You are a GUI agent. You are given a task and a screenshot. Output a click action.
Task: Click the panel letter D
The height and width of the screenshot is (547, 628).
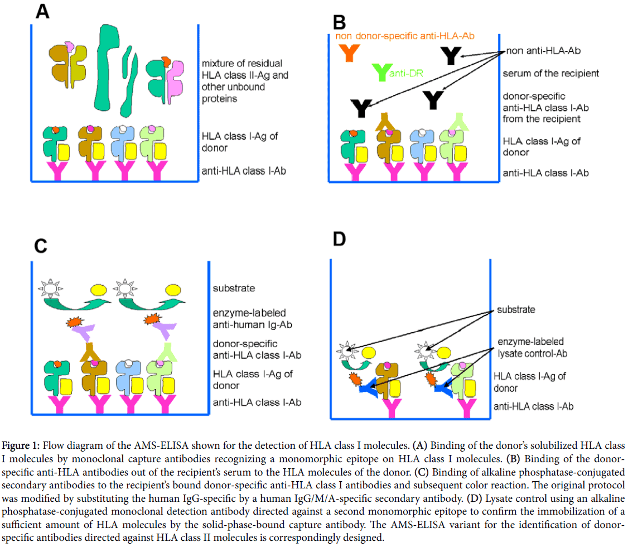(x=340, y=239)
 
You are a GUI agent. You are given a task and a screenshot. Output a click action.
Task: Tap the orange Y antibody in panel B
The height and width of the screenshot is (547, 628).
(x=350, y=52)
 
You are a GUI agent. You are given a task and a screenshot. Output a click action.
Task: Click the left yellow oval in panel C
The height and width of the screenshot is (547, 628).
(x=99, y=290)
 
